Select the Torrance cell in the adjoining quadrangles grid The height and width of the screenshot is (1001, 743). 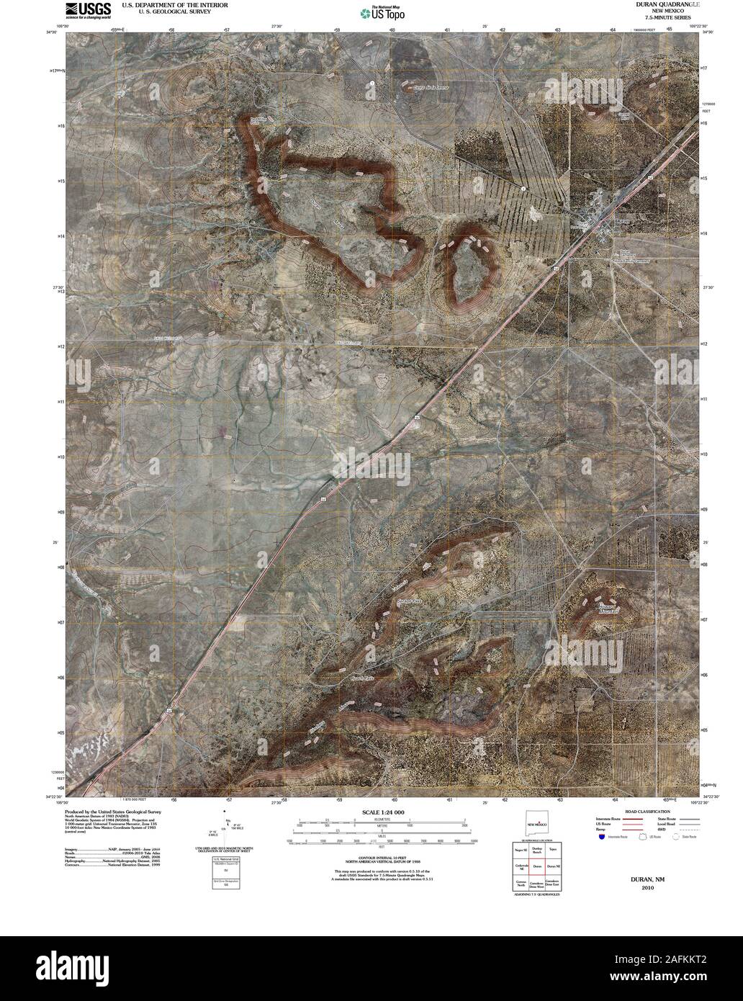point(553,850)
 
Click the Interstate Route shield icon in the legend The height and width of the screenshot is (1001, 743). point(601,838)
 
